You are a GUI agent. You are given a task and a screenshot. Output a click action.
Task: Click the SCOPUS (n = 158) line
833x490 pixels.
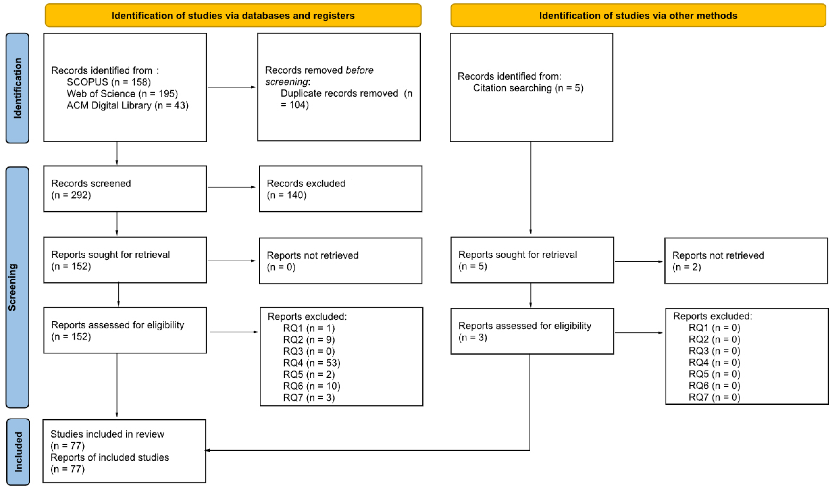(x=108, y=82)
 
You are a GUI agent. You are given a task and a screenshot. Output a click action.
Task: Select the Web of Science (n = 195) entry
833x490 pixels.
(x=122, y=94)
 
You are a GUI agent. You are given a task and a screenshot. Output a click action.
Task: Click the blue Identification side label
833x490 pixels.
(x=17, y=88)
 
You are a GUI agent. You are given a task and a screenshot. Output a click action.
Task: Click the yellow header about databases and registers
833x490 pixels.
(x=233, y=16)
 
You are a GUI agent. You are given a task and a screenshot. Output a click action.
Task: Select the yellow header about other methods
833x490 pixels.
(x=638, y=16)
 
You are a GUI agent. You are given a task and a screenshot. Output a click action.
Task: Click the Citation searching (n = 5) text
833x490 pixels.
(x=528, y=88)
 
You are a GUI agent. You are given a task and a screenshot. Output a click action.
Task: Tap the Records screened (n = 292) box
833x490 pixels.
(x=125, y=189)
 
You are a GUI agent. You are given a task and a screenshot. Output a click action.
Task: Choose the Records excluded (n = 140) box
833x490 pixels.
(x=340, y=189)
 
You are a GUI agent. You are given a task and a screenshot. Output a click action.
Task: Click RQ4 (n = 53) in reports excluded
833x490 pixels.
(x=311, y=363)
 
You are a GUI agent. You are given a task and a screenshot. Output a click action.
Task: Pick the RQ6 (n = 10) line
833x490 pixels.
(x=311, y=386)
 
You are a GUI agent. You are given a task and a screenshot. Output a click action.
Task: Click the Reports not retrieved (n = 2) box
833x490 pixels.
(x=746, y=261)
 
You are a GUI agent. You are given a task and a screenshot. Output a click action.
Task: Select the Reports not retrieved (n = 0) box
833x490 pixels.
(x=340, y=261)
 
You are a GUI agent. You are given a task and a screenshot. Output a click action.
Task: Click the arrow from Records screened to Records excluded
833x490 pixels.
(x=231, y=187)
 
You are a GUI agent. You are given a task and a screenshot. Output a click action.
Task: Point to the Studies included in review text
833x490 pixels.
(x=107, y=434)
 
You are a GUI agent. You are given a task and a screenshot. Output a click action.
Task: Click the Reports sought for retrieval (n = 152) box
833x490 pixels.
(x=125, y=260)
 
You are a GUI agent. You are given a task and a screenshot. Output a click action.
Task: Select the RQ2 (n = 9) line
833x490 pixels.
(x=309, y=339)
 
